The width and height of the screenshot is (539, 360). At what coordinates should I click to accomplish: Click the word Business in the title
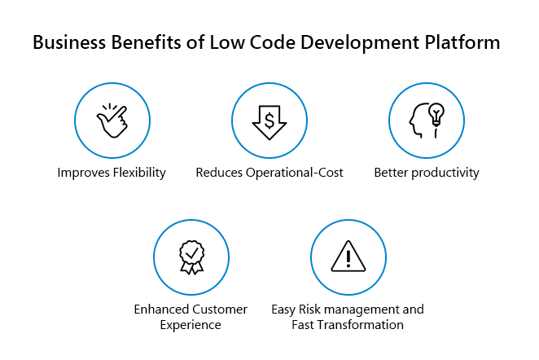pos(69,42)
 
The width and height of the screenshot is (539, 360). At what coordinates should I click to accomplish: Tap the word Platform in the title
pos(462,42)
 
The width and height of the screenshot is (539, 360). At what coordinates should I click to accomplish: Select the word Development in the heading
pos(360,43)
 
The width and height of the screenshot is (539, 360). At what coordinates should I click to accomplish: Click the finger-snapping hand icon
pos(112,121)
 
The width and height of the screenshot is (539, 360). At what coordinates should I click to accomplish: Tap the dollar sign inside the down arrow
pos(269,121)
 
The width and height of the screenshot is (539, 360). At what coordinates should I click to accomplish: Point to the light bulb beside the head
pos(436,115)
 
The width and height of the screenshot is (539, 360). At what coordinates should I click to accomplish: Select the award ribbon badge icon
pos(191,257)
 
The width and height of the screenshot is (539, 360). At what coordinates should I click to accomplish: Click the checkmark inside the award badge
pos(191,253)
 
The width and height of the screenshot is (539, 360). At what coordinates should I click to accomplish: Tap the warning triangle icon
pos(348,257)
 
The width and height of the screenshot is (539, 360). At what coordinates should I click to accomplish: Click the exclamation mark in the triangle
pos(348,258)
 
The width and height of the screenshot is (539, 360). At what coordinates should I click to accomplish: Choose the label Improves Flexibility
pos(112,173)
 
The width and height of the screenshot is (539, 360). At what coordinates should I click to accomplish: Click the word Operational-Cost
pos(294,173)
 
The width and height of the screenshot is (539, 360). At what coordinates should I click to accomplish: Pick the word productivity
pos(445,173)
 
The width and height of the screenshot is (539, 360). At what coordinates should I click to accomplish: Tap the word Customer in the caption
pos(219,310)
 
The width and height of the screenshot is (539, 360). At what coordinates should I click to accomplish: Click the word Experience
pos(191,325)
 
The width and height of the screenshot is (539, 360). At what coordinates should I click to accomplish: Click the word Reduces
pos(219,173)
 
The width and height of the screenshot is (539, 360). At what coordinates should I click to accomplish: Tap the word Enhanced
pos(161,310)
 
